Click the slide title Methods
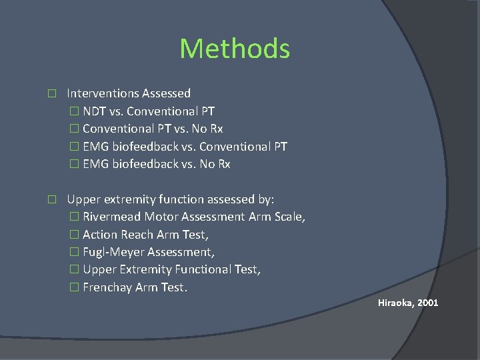click(235, 49)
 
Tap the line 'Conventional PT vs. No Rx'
click(153, 129)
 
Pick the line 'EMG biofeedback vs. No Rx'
click(156, 164)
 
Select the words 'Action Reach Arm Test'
click(145, 235)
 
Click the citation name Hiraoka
click(396, 303)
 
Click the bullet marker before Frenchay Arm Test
click(74, 287)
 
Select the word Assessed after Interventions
click(168, 93)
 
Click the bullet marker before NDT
click(74, 111)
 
